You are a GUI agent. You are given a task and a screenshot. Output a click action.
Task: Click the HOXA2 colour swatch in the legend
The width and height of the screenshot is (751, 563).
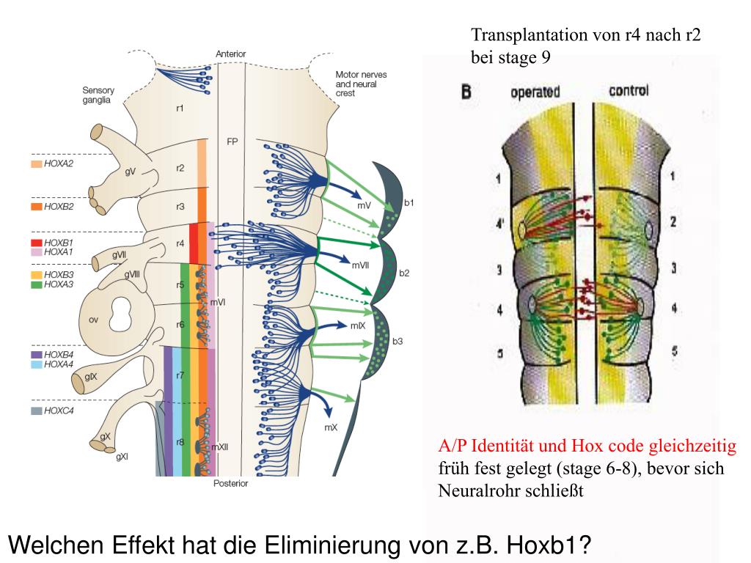point(36,164)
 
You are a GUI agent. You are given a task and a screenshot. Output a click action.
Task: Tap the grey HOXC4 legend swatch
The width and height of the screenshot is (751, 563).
point(36,411)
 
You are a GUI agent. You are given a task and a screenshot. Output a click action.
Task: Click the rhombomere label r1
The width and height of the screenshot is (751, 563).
point(180,108)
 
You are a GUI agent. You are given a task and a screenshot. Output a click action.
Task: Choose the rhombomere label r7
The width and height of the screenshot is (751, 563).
point(180,375)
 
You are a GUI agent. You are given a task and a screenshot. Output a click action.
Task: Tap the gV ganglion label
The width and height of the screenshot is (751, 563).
point(131,172)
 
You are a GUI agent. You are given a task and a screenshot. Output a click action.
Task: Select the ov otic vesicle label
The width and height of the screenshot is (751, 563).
point(93,319)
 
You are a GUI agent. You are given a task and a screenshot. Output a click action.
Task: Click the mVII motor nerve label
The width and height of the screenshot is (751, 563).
point(361,265)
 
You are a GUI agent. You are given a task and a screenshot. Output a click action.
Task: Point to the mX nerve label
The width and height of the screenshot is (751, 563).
point(331,427)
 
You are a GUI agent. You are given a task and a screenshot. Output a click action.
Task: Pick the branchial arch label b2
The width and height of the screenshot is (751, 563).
point(404,273)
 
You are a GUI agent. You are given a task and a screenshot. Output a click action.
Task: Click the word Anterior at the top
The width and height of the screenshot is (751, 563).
point(231,54)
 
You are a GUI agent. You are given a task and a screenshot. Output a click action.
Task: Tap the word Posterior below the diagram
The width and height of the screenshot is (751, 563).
point(231,484)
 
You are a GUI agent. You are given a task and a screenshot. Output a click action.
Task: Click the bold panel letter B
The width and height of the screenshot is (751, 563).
point(466,92)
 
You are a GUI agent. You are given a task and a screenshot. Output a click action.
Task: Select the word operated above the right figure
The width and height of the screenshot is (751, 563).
point(535,92)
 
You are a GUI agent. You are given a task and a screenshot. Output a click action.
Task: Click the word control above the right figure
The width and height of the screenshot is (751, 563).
point(629,91)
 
